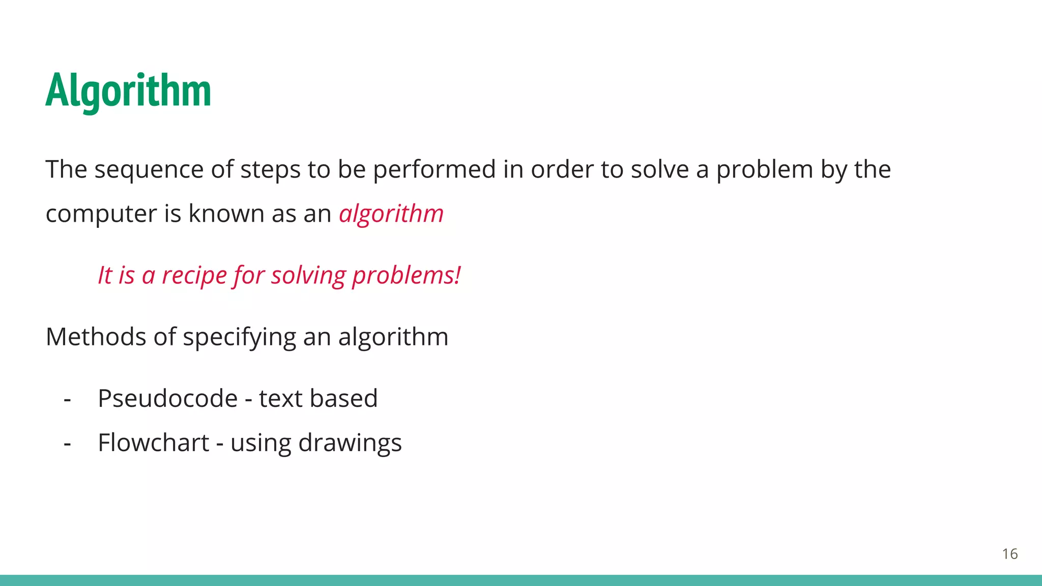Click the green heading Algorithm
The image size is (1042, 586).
[x=128, y=91]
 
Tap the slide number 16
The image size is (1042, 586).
[x=1009, y=554]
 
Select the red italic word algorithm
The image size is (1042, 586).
[x=391, y=214]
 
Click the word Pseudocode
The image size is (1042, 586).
[x=167, y=398]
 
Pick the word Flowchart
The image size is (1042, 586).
[x=153, y=443]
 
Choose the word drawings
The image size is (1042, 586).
[x=350, y=443]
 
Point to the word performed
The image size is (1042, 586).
[x=434, y=169]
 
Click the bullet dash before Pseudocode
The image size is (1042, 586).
[x=67, y=399]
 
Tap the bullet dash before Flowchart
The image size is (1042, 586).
[x=67, y=443]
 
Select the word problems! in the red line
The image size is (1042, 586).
[x=406, y=276]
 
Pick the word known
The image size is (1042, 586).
[x=226, y=214]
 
